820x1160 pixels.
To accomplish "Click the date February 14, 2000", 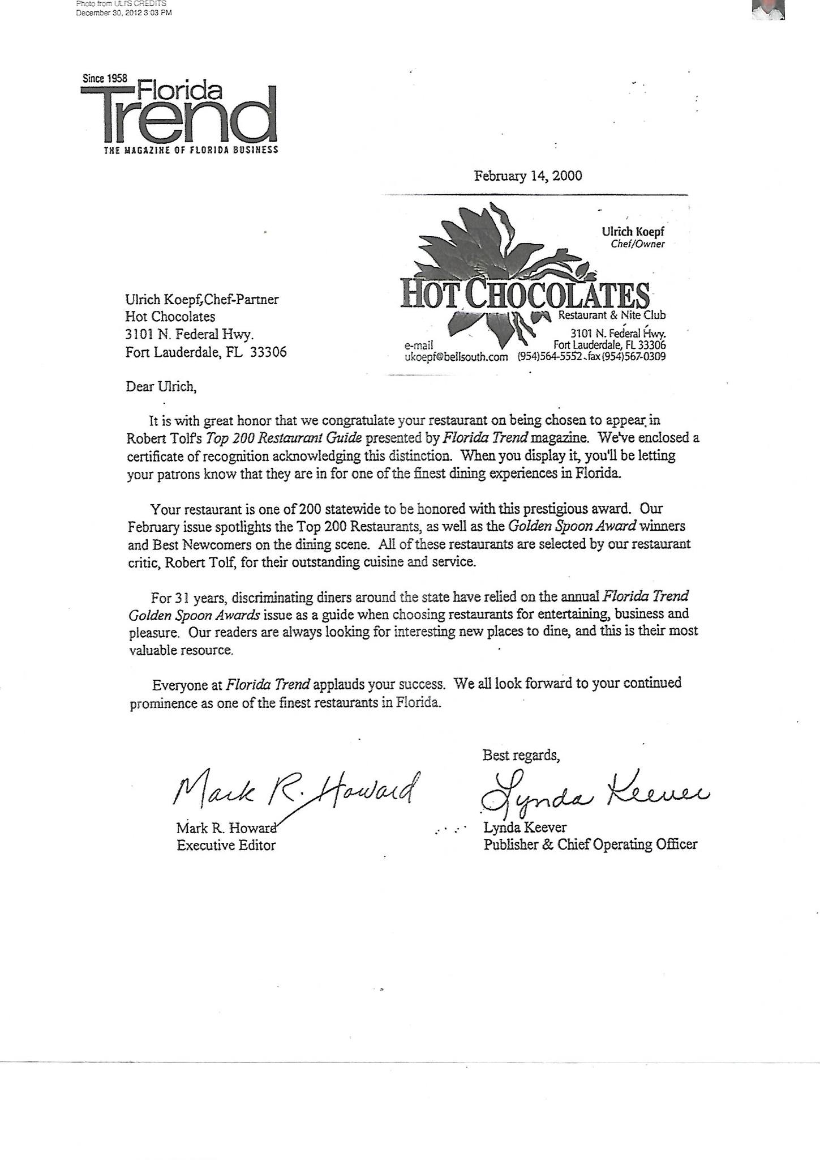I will point(527,176).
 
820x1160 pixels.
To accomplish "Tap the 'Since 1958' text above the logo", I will point(105,79).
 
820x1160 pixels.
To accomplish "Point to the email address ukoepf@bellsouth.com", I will point(456,357).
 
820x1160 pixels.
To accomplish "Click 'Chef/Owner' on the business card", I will point(638,244).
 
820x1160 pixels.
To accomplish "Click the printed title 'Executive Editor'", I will point(226,846).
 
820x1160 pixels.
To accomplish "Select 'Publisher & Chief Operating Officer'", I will point(590,845).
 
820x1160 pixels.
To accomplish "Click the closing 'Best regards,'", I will point(521,755).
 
